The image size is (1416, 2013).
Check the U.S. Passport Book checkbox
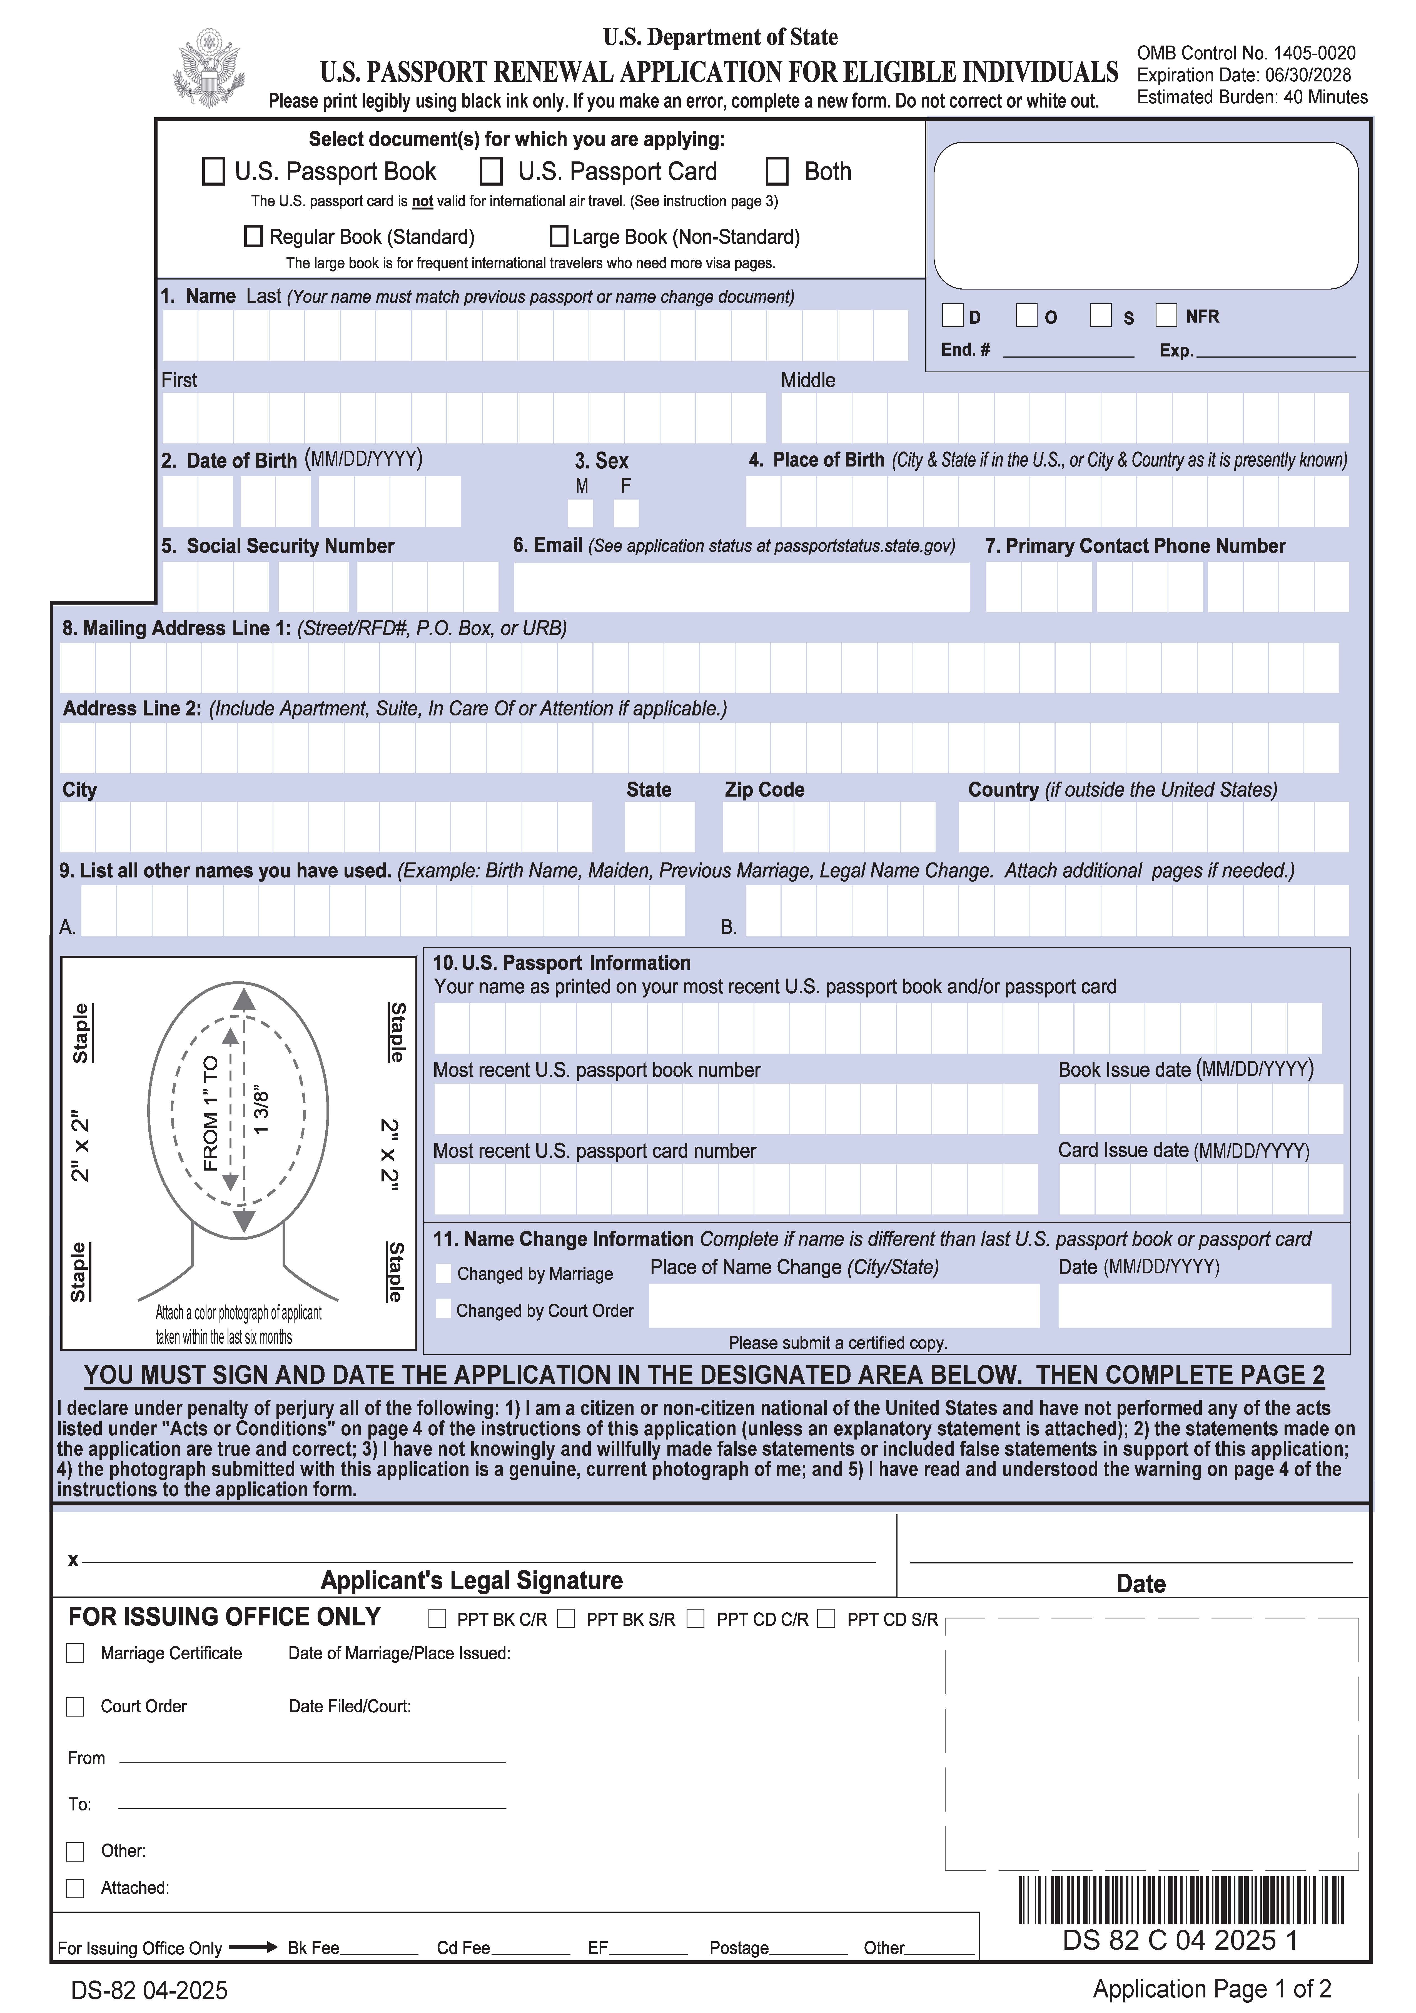pos(213,171)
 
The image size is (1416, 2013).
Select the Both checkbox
pos(777,171)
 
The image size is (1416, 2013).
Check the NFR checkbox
pos(1166,315)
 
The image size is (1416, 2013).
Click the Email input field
pos(741,587)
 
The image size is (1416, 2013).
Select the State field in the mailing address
pos(659,827)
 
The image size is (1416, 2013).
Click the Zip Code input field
pos(829,827)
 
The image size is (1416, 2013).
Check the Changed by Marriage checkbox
pos(444,1273)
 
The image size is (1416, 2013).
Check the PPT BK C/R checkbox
pos(437,1618)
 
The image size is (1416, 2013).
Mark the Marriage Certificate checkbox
pos(75,1653)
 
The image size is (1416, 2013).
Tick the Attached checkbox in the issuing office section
pos(75,1888)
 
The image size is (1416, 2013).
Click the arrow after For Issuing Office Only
pos(253,1947)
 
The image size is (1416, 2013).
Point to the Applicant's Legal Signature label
pos(472,1580)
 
